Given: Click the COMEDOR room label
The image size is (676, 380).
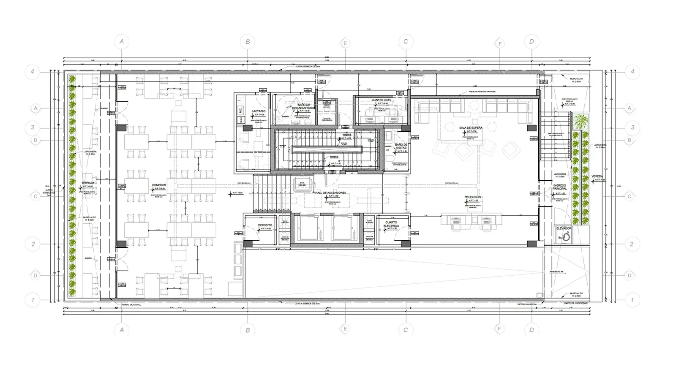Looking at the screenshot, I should [159, 185].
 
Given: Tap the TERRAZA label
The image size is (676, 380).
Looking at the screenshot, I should [88, 183].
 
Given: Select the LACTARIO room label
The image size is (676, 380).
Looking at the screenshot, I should [259, 111].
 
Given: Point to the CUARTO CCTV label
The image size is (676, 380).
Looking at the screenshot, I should [381, 100].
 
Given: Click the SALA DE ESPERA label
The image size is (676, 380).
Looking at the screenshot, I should [471, 128].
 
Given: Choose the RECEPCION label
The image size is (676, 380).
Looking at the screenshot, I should [473, 197].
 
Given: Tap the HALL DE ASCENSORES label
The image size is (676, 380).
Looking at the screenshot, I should [331, 193].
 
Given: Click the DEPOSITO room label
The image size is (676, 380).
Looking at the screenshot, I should [265, 225].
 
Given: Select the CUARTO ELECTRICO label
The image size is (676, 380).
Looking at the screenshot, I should [391, 224].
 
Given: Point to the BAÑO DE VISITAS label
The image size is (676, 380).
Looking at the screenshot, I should [401, 147].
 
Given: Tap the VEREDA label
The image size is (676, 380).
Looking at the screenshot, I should [597, 176].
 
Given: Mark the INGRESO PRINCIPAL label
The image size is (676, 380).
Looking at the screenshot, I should [560, 187].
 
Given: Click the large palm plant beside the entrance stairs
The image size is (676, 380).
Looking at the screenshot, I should [582, 121].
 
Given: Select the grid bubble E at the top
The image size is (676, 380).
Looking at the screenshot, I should [345, 43].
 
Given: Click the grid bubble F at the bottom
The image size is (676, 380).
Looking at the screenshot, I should [499, 328].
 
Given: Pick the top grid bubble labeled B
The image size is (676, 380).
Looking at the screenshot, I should [248, 41].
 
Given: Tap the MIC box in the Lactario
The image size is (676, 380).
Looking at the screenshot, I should [240, 111].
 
